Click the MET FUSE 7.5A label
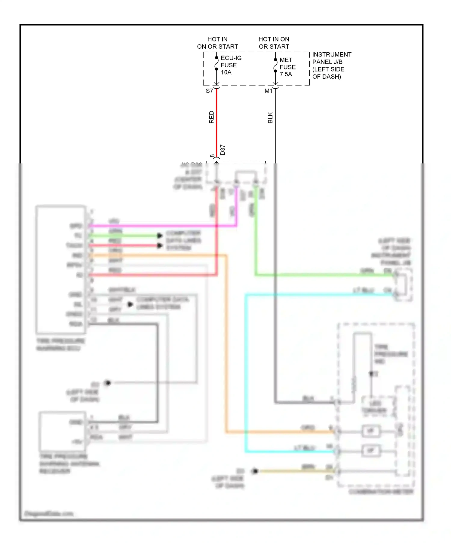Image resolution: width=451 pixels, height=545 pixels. point(287,67)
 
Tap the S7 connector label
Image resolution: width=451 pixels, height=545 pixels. point(209,91)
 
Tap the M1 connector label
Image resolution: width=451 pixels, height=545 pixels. point(268,91)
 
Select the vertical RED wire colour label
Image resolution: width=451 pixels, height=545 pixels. point(211,117)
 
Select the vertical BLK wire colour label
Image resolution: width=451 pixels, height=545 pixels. point(270,118)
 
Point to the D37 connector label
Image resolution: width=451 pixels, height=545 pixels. point(222,150)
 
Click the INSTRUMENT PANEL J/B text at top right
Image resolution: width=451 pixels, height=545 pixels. point(331,65)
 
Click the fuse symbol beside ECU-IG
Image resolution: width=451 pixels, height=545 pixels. point(216,63)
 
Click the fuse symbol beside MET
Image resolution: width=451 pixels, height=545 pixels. point(275,65)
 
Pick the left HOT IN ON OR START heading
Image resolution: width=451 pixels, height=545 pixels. point(217,43)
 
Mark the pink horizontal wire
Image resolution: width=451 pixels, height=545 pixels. point(162,226)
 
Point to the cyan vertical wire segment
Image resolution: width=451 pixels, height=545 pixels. point(246,373)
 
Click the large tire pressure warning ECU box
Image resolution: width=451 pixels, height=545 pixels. point(61,270)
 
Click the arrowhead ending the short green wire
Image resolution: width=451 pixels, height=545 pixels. point(160,236)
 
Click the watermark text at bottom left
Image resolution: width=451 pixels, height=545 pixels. point(49,513)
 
